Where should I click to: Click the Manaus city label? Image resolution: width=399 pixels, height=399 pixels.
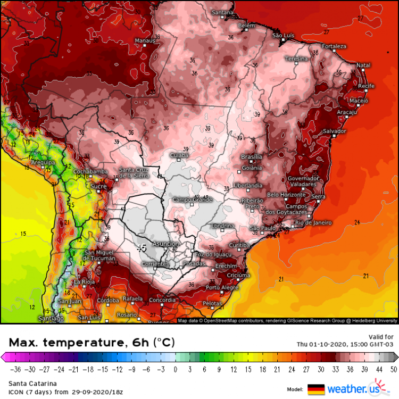(x=145, y=40)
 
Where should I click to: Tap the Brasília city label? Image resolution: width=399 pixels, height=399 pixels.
(x=251, y=157)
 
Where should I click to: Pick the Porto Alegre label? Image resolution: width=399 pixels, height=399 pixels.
(x=222, y=287)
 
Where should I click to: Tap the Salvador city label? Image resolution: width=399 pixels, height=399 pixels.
(x=335, y=131)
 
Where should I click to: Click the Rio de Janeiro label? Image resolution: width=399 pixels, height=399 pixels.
(x=313, y=222)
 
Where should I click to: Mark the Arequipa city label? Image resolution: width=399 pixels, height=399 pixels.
(x=44, y=162)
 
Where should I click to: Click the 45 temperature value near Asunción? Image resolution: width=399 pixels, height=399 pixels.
(x=142, y=248)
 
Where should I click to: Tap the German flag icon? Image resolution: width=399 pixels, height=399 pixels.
(x=316, y=389)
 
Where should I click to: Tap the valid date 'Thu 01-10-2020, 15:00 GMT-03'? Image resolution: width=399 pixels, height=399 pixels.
(x=345, y=344)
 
